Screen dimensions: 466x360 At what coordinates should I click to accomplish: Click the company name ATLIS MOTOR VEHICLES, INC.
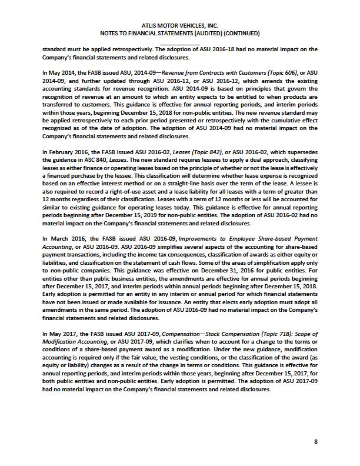pos(179,25)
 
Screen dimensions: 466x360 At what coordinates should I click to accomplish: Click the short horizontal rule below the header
pos(179,44)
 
